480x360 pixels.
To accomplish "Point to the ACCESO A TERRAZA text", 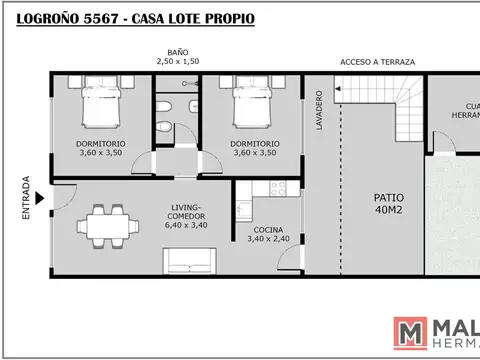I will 377,61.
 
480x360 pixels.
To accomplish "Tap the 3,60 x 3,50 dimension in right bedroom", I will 254,154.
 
